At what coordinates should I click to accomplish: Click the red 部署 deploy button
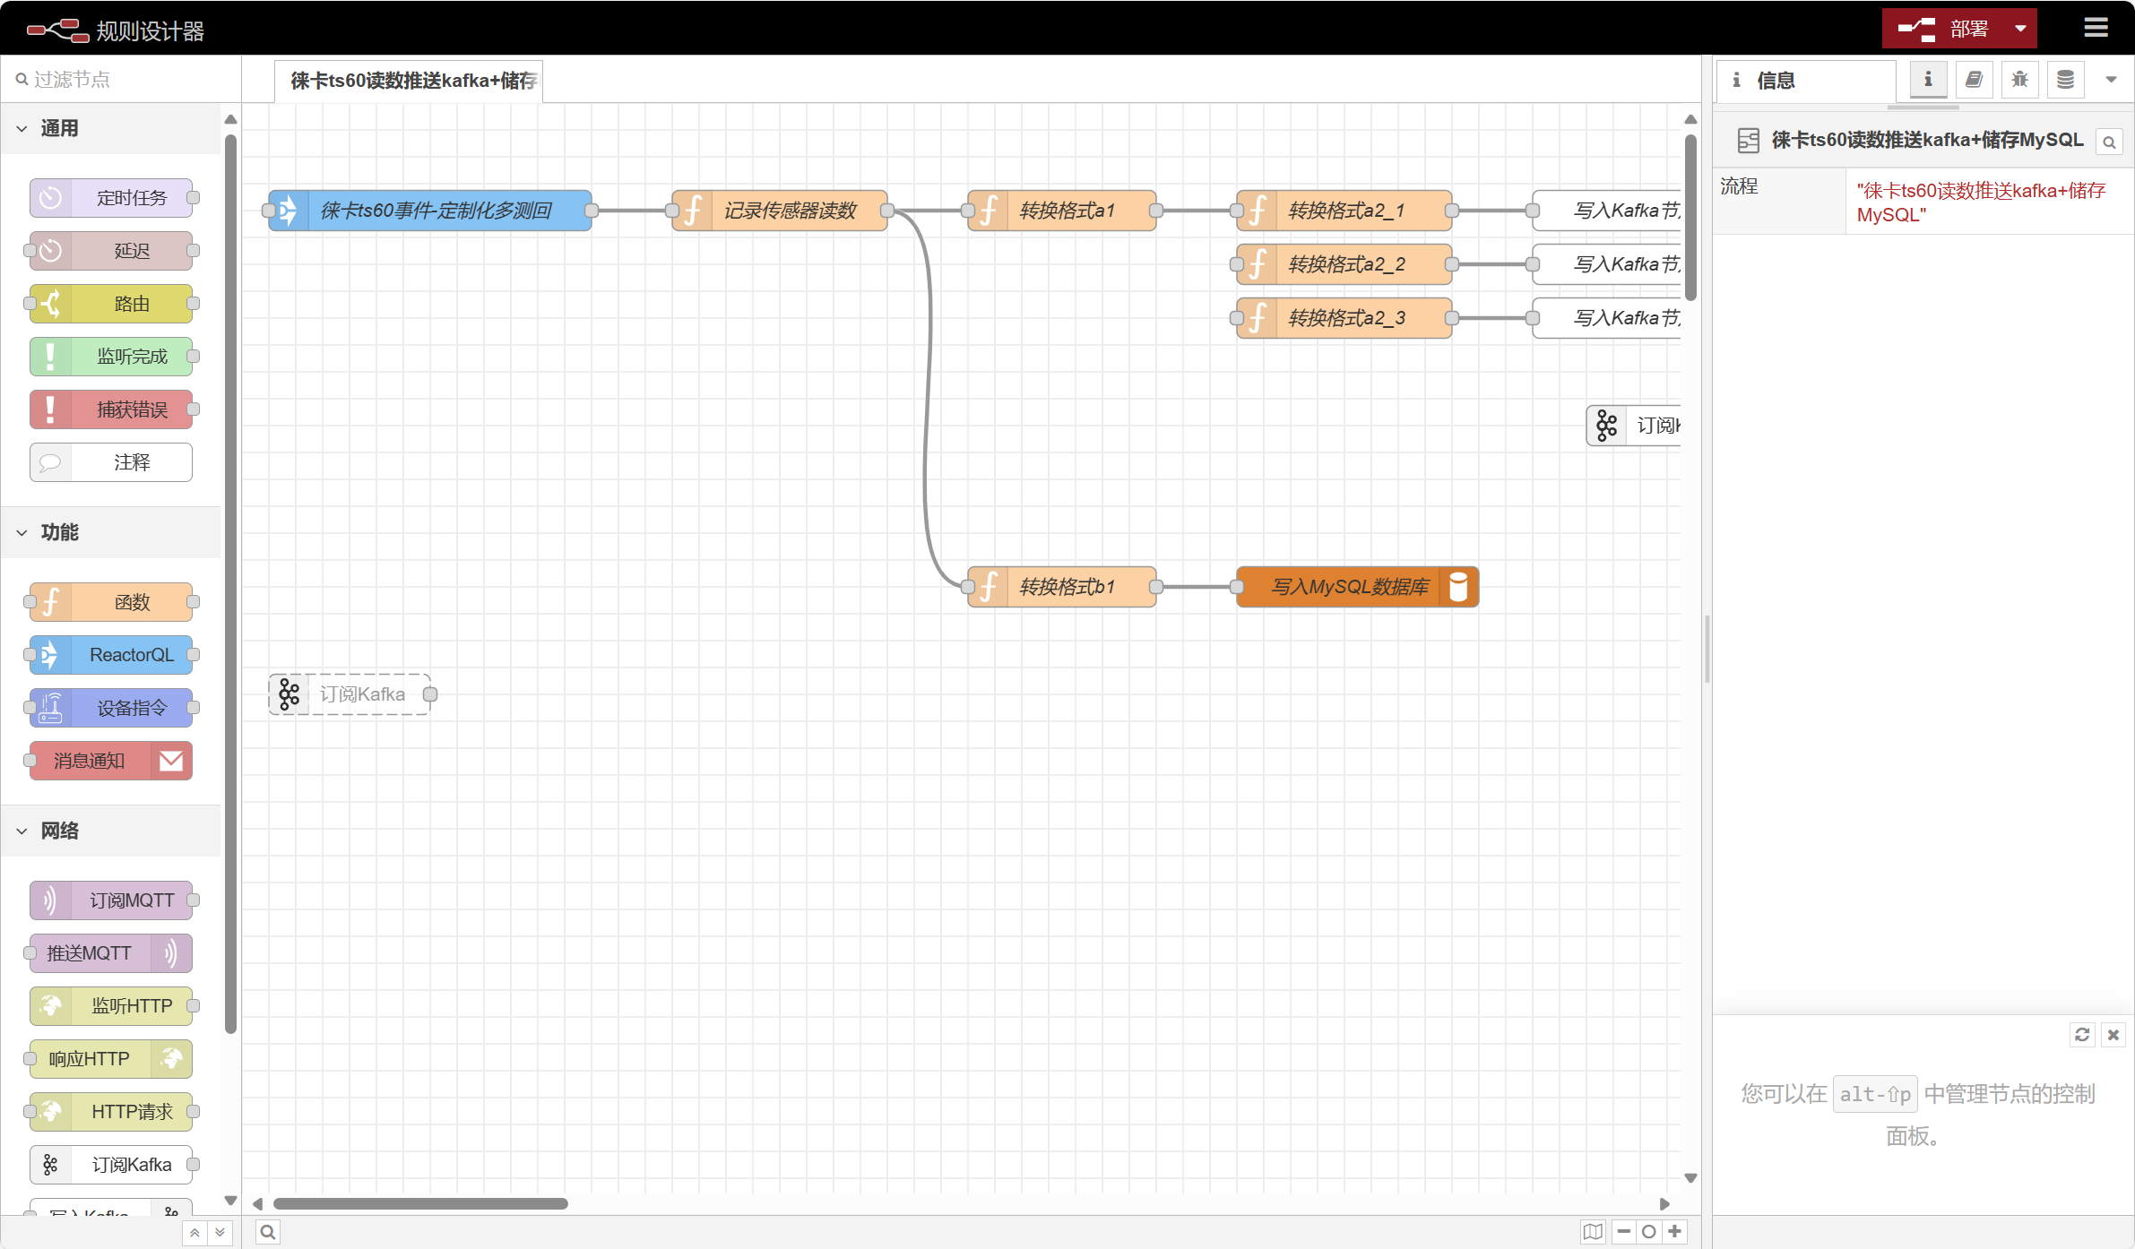pos(1945,29)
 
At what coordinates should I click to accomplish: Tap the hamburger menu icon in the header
pos(2096,28)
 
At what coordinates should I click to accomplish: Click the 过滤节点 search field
pos(121,80)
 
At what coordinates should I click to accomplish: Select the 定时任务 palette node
pos(111,198)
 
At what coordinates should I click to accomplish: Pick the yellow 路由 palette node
pos(111,304)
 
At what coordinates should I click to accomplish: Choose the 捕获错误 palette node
pos(111,409)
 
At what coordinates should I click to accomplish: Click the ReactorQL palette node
pos(111,655)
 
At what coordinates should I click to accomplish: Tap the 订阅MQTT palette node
pos(111,900)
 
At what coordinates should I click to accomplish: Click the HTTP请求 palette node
pos(111,1112)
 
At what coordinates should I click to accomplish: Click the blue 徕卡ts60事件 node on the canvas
pos(430,211)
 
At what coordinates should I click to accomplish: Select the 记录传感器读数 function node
pos(780,211)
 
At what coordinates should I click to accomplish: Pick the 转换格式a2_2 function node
pos(1344,264)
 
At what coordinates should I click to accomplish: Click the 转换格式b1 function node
pos(1062,587)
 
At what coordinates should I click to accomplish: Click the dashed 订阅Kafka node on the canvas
pos(350,694)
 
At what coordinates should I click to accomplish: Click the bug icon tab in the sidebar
pos(2019,80)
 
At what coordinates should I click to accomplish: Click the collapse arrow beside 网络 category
pos(22,831)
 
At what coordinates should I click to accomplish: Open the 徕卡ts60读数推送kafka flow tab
pos(409,81)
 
